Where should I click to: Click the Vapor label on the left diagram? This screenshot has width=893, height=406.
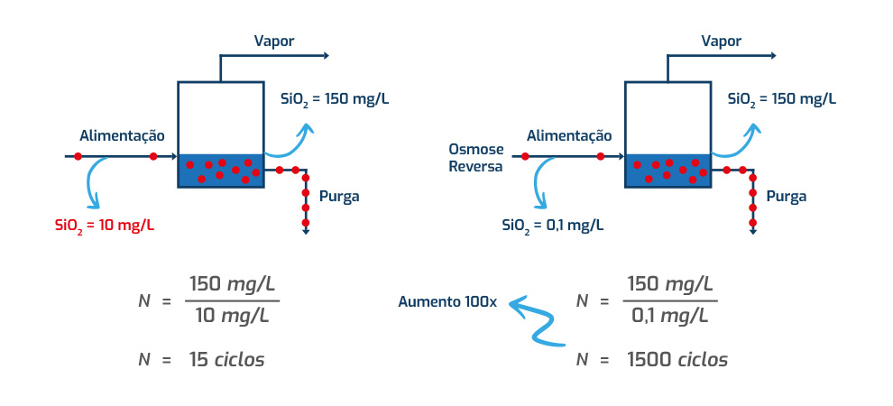[x=274, y=41]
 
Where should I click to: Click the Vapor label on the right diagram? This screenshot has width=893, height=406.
[x=721, y=41]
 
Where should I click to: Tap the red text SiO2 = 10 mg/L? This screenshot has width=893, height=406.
[x=105, y=225]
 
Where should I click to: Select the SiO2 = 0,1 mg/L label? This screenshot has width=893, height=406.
[x=553, y=225]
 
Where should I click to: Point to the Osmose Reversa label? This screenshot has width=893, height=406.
[x=475, y=156]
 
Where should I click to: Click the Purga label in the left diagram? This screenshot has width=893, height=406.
[x=338, y=196]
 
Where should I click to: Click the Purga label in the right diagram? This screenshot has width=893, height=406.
[x=786, y=196]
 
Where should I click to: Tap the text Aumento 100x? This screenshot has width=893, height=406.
[x=447, y=301]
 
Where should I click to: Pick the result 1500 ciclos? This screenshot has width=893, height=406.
[x=677, y=359]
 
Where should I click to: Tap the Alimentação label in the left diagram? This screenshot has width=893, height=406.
[x=122, y=135]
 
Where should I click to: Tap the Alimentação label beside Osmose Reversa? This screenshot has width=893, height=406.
[x=568, y=135]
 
